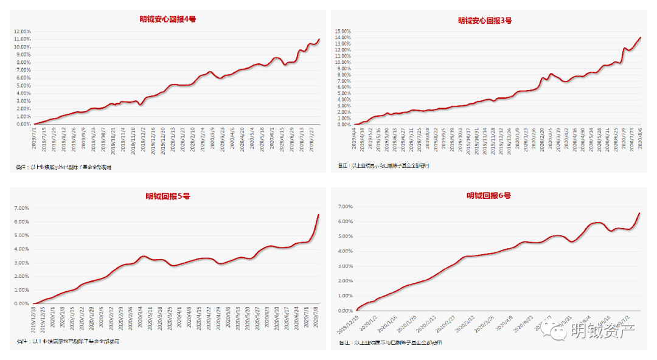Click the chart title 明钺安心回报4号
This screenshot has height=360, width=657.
point(167,19)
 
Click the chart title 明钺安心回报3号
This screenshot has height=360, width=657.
point(485,20)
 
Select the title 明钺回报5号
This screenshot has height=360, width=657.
point(167,196)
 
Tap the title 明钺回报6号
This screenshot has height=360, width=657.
point(488,195)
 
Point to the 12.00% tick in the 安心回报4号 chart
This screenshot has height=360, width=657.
point(22,32)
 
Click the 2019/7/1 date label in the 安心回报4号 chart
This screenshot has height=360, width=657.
point(34,137)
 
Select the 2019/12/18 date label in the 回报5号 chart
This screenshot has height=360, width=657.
point(34,318)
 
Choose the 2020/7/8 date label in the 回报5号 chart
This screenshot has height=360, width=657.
point(316,316)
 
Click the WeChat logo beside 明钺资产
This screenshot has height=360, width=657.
point(557,332)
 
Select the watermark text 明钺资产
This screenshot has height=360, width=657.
point(603,332)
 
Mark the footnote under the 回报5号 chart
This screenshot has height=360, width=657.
point(67,341)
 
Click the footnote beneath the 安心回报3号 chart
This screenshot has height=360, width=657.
point(383,165)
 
